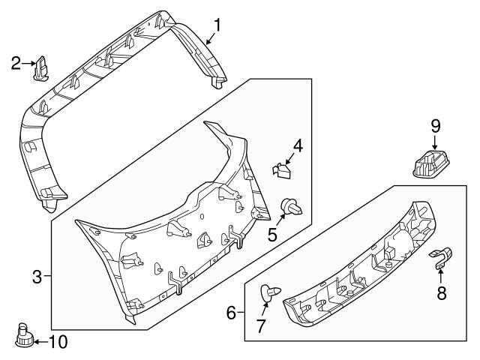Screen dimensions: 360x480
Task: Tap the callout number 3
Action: (x=36, y=277)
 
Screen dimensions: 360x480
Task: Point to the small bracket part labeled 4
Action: (x=280, y=172)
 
